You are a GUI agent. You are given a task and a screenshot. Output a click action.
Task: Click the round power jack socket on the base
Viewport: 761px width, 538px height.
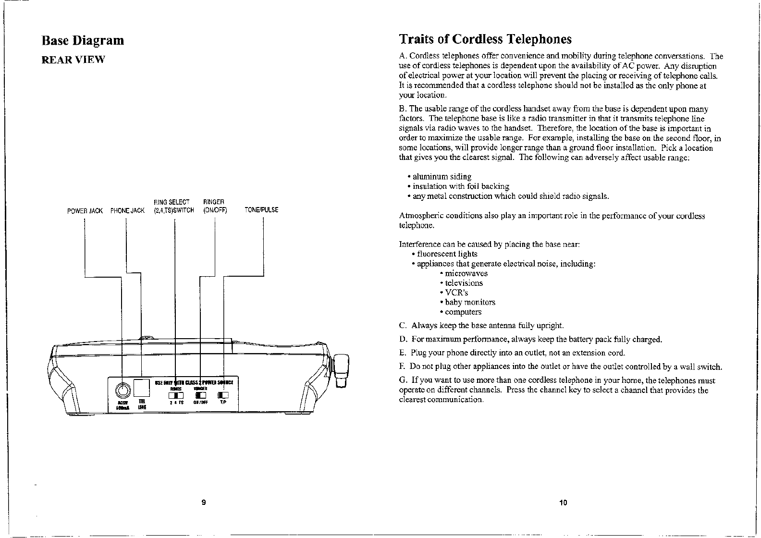coord(123,389)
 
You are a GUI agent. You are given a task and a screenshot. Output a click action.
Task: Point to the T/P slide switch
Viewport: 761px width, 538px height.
coord(223,395)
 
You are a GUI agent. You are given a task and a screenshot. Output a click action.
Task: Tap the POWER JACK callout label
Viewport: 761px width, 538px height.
coord(85,210)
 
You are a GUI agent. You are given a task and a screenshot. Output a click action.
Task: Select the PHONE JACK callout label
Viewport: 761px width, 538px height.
coord(127,210)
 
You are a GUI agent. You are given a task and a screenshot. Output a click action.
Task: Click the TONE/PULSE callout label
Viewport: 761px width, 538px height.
coord(261,210)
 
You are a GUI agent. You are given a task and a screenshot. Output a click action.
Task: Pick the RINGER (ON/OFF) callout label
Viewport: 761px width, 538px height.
coord(214,206)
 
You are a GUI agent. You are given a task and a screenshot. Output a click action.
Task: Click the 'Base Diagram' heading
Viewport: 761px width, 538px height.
coord(83,40)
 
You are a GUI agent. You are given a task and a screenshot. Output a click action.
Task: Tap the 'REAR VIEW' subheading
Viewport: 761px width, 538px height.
coord(73,60)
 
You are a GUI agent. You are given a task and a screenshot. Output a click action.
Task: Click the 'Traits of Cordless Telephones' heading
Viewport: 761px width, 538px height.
coord(485,39)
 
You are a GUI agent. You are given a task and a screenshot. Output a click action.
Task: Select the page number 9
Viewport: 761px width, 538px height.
coord(204,502)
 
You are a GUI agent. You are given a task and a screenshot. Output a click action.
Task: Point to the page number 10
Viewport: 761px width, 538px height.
coord(563,503)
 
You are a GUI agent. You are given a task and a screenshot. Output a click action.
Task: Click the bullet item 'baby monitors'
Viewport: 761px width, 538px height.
coord(469,302)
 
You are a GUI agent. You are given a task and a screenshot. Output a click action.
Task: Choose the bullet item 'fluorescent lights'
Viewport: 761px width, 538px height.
coord(447,254)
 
